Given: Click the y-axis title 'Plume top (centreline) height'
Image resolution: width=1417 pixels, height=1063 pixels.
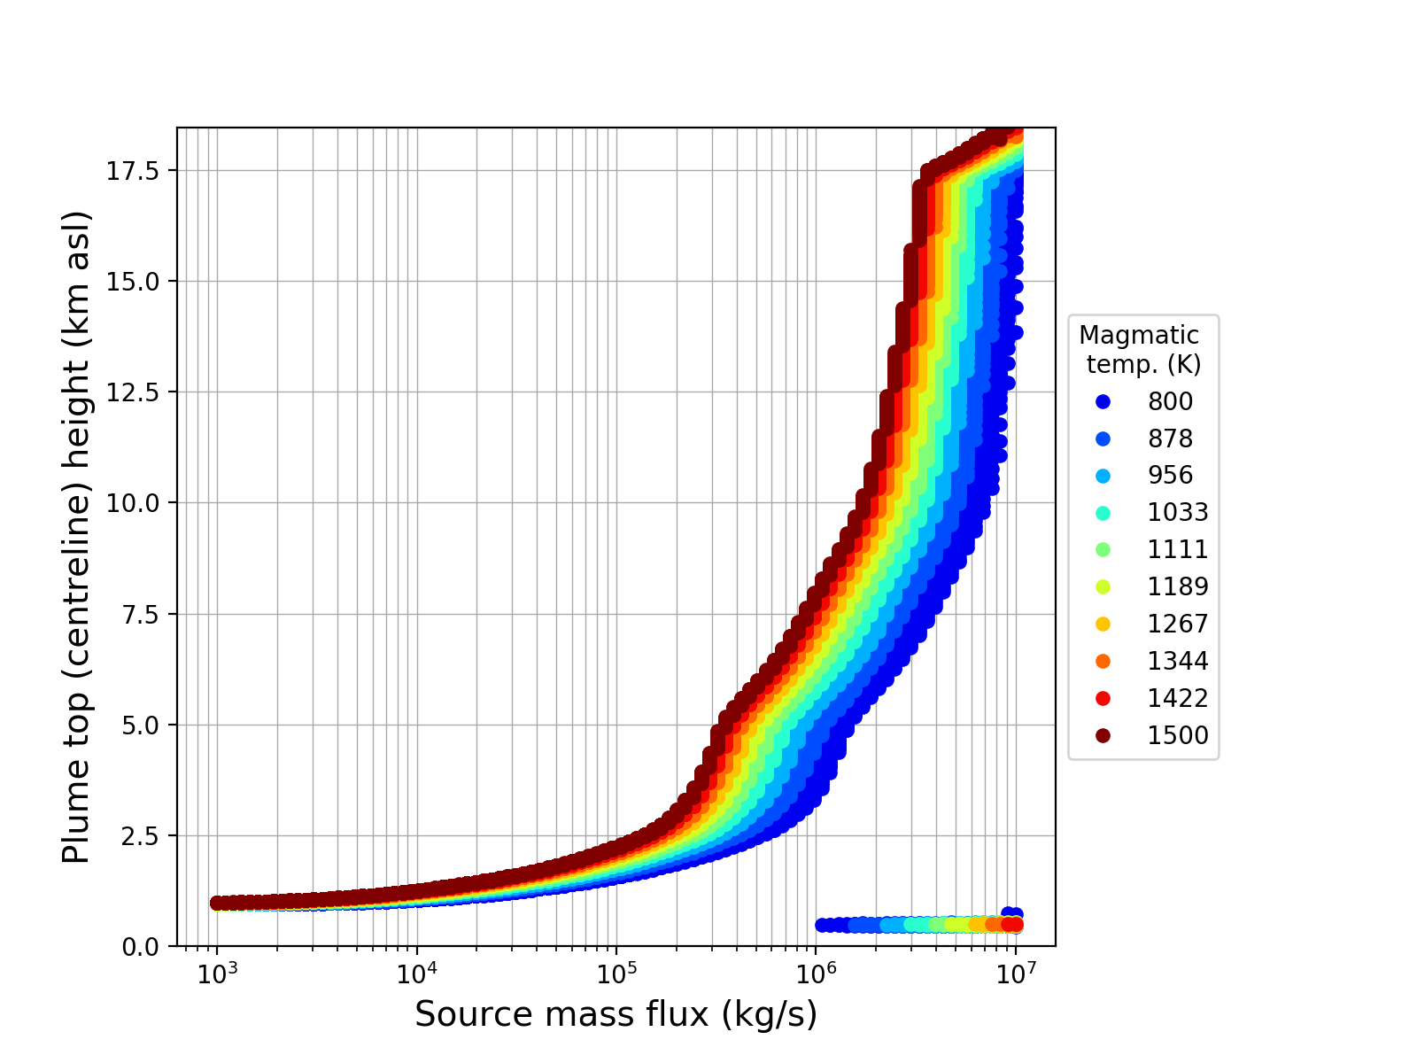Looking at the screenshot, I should (x=77, y=537).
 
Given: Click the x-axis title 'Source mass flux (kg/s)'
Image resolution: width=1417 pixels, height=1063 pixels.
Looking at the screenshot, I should (x=616, y=1015).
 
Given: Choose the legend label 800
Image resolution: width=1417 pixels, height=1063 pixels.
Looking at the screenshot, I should (x=1170, y=402).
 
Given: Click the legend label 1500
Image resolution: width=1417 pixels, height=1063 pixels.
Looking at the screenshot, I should (x=1178, y=736).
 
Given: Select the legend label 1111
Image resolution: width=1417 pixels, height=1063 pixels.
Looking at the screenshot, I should (x=1178, y=550).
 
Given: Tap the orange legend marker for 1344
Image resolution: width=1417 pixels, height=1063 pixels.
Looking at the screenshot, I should (x=1103, y=662).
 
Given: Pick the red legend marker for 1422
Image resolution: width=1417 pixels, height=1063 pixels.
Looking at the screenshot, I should (x=1103, y=699).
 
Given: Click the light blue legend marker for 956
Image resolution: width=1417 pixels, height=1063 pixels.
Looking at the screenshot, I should (x=1103, y=476).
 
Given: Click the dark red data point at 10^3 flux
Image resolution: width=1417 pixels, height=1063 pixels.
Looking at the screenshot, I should (x=218, y=903).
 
